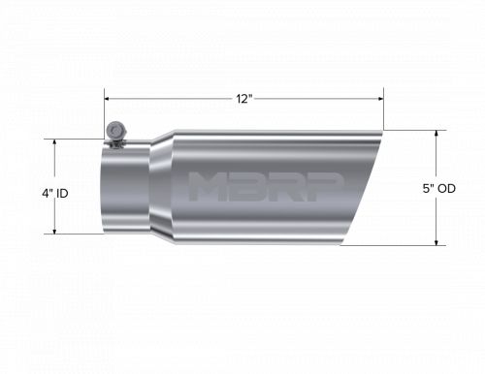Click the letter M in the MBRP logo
(x=209, y=187)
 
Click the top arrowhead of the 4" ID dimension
(x=54, y=140)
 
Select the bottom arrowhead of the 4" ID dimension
(x=54, y=232)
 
